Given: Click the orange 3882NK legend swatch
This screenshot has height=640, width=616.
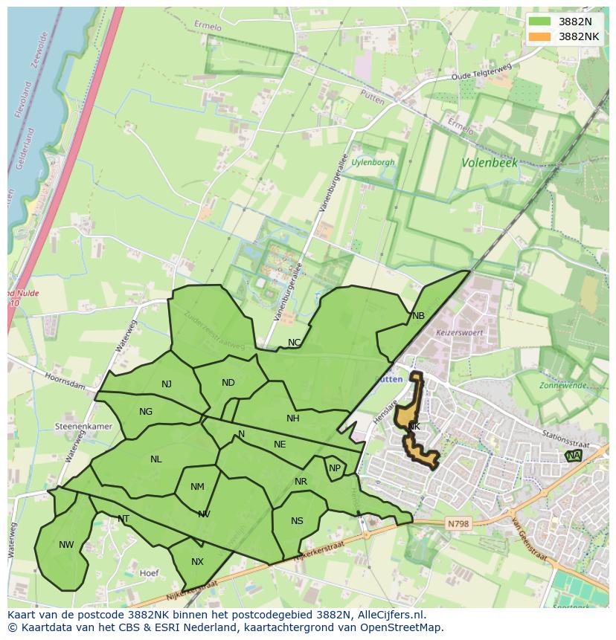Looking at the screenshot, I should [541, 36].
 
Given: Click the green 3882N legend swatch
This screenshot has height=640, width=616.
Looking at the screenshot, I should [541, 22].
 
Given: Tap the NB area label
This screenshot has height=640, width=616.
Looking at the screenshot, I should [418, 316].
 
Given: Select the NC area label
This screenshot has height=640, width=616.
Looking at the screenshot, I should [295, 343].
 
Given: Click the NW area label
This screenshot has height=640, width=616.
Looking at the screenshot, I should [66, 545].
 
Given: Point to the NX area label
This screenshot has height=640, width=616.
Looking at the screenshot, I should [197, 562].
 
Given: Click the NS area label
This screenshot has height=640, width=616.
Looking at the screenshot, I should [297, 521].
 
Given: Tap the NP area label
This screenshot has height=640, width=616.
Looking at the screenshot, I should [335, 468].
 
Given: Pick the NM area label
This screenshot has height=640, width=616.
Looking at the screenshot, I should [197, 488].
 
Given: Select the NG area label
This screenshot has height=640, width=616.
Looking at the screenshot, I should [146, 412].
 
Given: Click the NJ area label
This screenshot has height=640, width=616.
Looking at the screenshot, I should [167, 384].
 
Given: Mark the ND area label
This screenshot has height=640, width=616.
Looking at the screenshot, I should [228, 383].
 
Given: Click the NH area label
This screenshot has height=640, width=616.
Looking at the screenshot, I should [293, 418].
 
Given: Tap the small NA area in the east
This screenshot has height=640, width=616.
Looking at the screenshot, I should [573, 456].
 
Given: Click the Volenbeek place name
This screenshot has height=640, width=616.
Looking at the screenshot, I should [489, 162].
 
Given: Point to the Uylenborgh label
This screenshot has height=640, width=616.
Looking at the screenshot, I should [373, 162].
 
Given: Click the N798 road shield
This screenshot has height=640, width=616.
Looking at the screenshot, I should [458, 524].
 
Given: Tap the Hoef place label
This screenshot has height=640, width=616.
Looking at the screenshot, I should [150, 573].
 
